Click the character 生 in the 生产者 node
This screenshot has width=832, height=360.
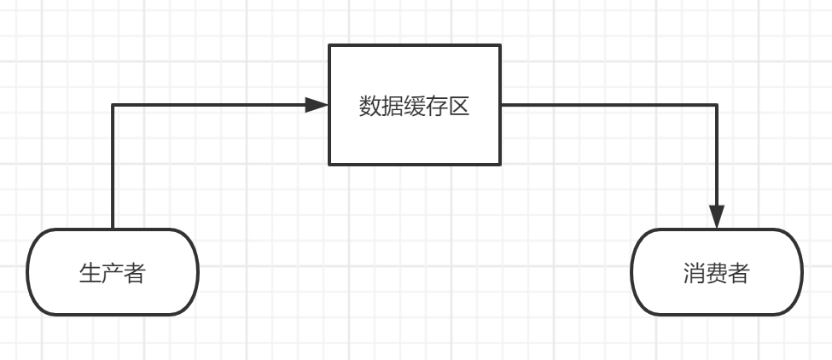[x=90, y=274]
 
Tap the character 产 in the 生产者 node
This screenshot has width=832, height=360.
[x=113, y=274]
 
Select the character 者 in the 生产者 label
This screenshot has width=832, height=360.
[x=135, y=274]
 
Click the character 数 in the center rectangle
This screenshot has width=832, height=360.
[x=369, y=107]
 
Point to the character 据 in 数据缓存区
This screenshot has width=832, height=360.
[x=392, y=107]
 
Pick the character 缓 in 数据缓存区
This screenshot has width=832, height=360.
[x=415, y=107]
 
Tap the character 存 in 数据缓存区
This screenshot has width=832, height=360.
[x=437, y=107]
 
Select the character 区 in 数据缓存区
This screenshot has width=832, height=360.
[x=459, y=107]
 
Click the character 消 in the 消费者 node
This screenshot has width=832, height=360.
[x=695, y=274]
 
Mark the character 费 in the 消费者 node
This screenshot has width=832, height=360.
[x=717, y=274]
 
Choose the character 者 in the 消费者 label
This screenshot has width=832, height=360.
[x=739, y=274]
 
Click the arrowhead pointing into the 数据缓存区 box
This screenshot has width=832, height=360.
[x=317, y=105]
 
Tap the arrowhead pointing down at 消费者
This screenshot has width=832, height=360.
[x=717, y=217]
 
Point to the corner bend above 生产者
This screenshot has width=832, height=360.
[x=113, y=105]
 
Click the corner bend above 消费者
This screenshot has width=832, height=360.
[x=717, y=105]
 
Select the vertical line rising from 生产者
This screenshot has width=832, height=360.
[x=113, y=171]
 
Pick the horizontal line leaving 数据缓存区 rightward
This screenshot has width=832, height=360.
[x=606, y=105]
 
